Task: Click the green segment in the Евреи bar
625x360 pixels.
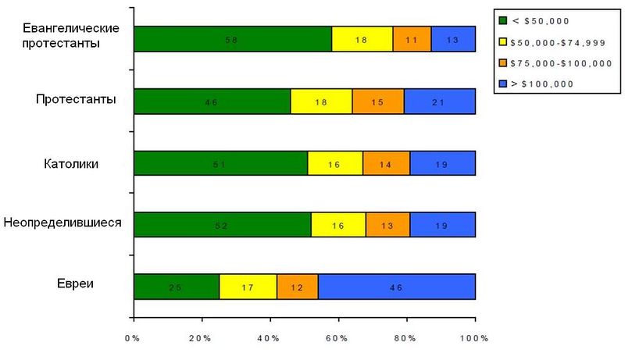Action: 177,287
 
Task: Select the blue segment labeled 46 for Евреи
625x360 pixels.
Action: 396,287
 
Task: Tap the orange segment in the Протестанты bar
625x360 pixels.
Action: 378,101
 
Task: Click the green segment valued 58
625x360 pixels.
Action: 232,39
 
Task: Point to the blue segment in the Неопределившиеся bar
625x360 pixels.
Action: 442,225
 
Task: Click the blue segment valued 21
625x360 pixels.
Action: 440,101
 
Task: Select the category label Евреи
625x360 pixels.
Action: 76,283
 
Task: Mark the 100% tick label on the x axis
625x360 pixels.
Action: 473,338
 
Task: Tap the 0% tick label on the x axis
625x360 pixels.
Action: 134,338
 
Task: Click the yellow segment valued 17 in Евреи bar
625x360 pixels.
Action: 248,287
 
